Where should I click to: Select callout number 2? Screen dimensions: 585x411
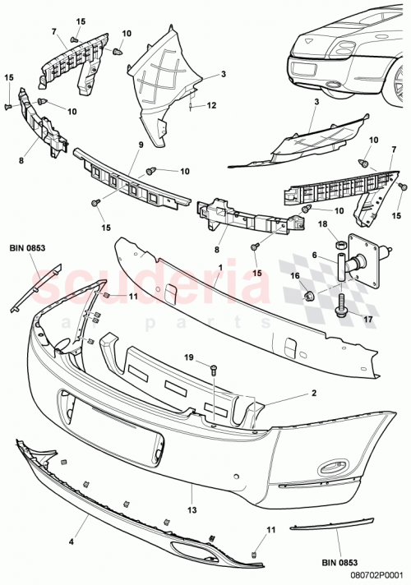click(313, 394)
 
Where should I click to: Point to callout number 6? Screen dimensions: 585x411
click(315, 256)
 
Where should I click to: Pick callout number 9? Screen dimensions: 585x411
click(141, 145)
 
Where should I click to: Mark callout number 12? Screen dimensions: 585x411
click(212, 105)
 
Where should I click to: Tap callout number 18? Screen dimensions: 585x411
click(322, 223)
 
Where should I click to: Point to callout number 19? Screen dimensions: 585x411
click(187, 357)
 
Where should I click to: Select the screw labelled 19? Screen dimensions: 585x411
click(212, 371)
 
